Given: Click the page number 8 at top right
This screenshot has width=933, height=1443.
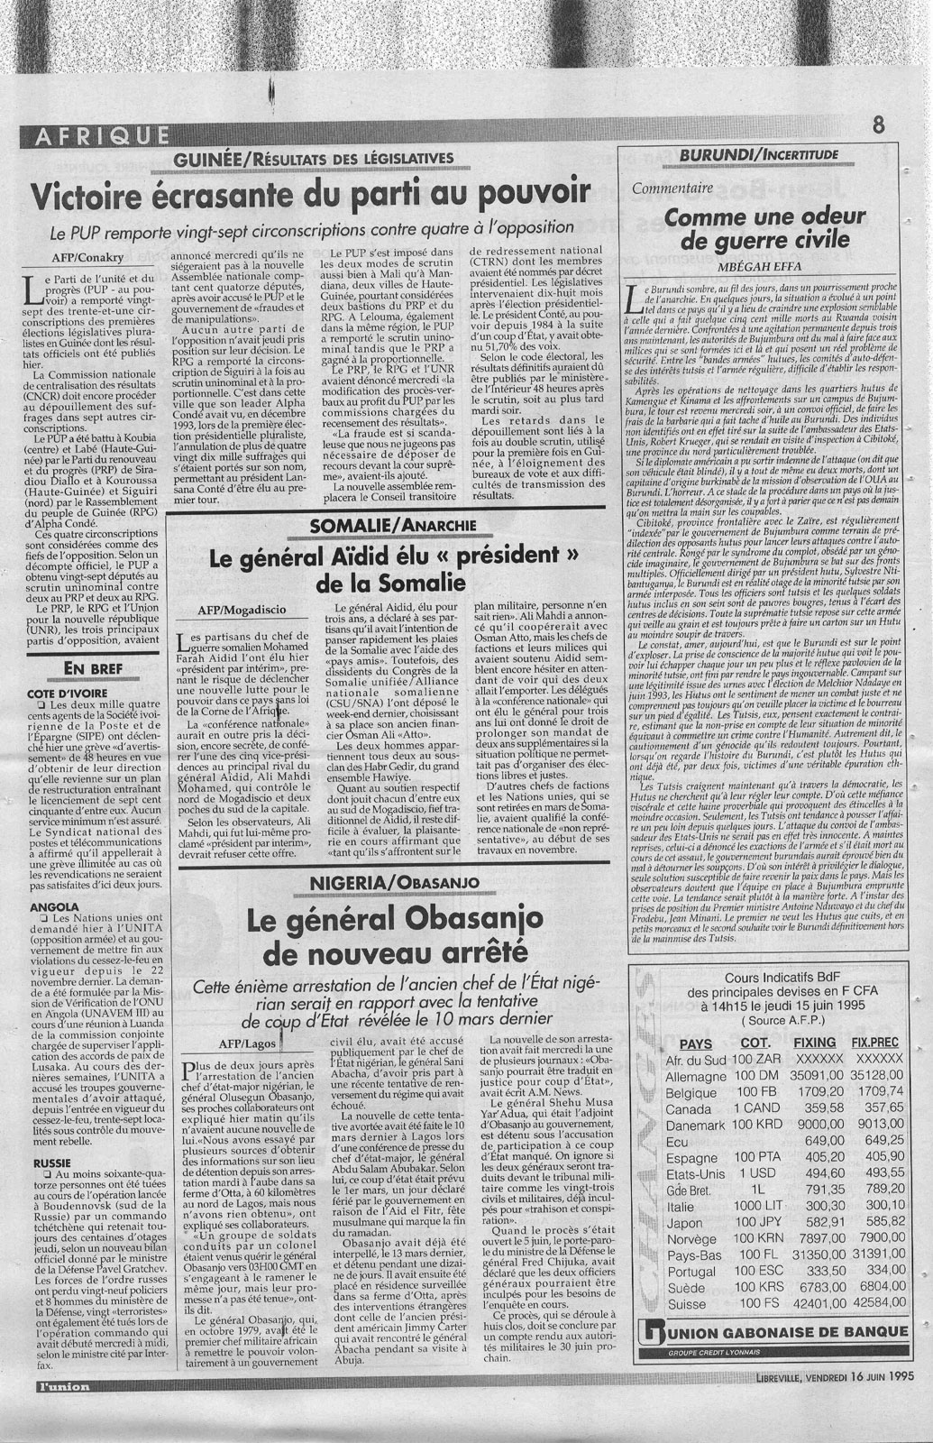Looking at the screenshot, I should point(878,126).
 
